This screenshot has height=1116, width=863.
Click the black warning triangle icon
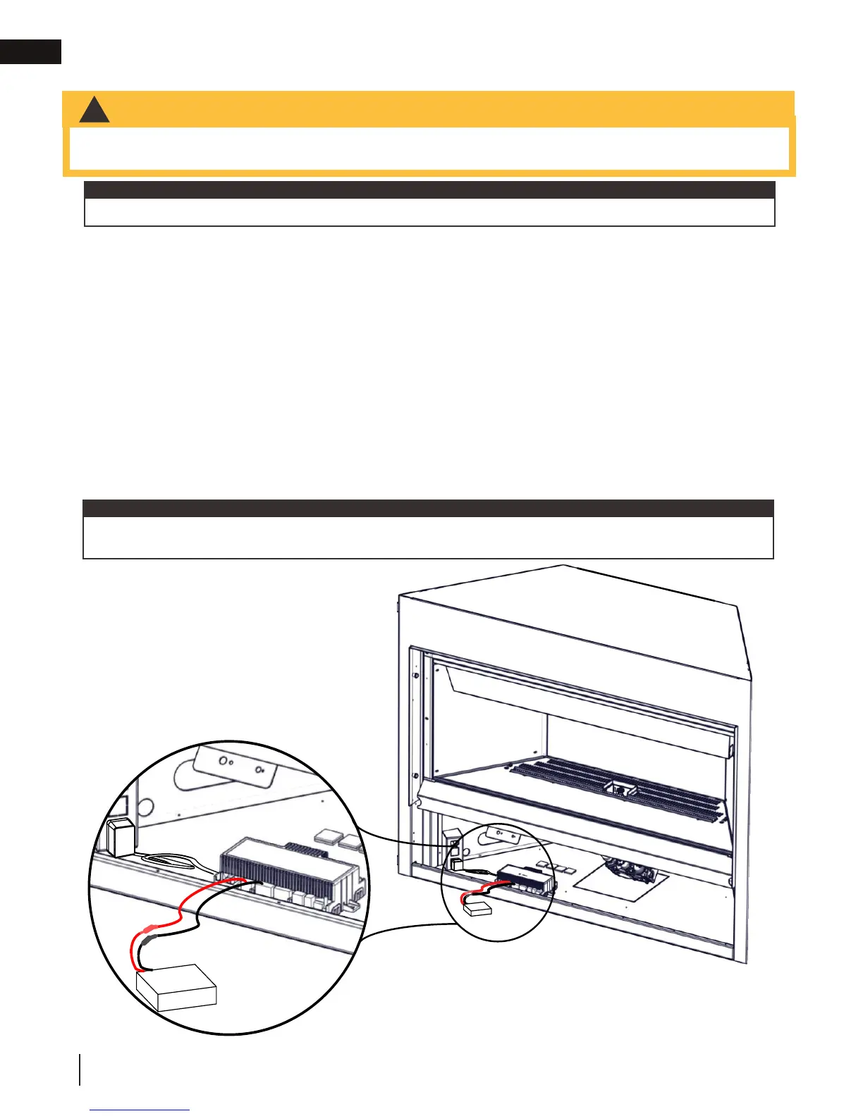(94, 111)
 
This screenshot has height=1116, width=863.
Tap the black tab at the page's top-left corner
(30, 52)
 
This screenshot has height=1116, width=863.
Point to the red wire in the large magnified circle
(185, 910)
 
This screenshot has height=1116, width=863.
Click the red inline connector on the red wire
(150, 929)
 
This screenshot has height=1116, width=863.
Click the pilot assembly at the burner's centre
(620, 789)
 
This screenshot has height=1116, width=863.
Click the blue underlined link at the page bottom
(140, 1110)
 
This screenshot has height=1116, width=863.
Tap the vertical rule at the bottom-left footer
(80, 1070)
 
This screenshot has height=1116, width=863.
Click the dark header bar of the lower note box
(428, 509)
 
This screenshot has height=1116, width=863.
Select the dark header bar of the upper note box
(429, 190)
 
